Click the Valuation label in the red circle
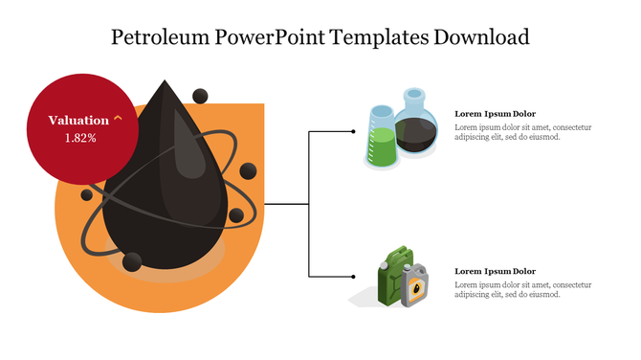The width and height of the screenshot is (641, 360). click(78, 121)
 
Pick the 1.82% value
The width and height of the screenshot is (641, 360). click(80, 138)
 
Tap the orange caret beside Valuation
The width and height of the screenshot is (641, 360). click(118, 119)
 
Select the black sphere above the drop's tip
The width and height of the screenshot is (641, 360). click(201, 95)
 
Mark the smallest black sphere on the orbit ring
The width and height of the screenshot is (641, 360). click(87, 195)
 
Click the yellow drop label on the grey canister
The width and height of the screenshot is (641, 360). click(417, 286)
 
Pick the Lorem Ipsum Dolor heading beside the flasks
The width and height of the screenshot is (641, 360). click(495, 114)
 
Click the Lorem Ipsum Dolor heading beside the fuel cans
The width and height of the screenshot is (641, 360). click(495, 271)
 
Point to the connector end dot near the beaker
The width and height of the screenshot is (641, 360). click(353, 132)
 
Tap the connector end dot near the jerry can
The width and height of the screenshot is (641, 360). click(353, 277)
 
